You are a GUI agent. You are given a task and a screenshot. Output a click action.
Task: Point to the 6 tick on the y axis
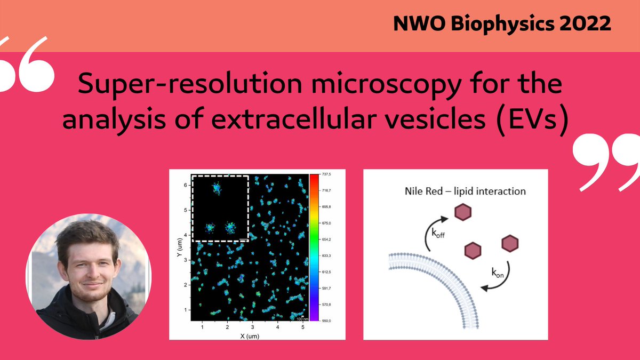tap(186, 185)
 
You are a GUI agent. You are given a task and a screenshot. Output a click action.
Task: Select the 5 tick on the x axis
tap(302, 326)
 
